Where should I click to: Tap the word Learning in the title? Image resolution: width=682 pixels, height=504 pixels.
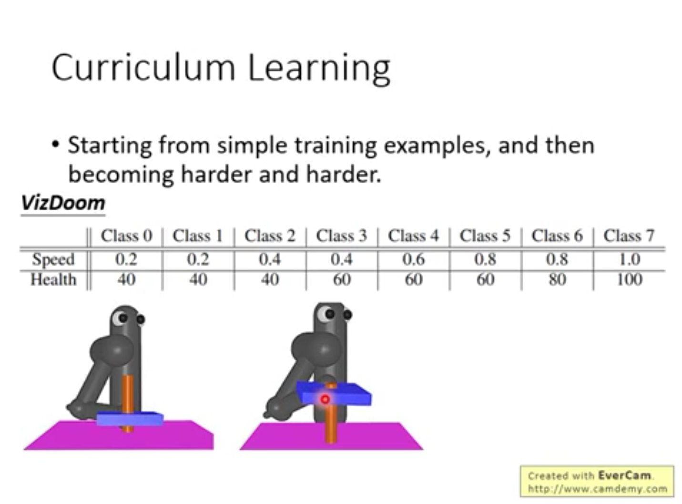click(319, 69)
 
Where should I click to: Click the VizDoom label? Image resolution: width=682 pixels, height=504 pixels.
click(63, 203)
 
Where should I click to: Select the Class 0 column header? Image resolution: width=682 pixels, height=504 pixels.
click(127, 236)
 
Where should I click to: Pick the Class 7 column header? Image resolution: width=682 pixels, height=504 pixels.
click(629, 236)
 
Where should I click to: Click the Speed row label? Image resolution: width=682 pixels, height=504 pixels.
click(53, 259)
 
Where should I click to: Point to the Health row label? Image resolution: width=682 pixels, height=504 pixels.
click(53, 280)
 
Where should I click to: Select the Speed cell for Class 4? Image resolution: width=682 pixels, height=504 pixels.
click(414, 259)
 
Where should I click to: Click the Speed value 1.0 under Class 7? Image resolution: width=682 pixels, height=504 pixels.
click(630, 259)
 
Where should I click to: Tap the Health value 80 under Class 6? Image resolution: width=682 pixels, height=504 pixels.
click(557, 280)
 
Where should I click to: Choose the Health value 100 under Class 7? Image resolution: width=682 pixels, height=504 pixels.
click(630, 280)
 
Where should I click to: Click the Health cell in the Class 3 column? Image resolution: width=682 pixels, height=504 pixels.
click(342, 280)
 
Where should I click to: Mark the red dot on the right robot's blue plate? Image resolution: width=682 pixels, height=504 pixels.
click(325, 400)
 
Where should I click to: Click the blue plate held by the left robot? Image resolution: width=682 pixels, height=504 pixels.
click(130, 419)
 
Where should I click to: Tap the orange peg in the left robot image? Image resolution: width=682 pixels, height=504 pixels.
click(127, 403)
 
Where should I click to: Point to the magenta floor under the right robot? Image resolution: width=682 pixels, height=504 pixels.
click(331, 436)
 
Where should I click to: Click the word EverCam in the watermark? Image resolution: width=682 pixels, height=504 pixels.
click(624, 476)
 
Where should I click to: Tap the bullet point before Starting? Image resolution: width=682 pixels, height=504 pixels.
click(55, 144)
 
